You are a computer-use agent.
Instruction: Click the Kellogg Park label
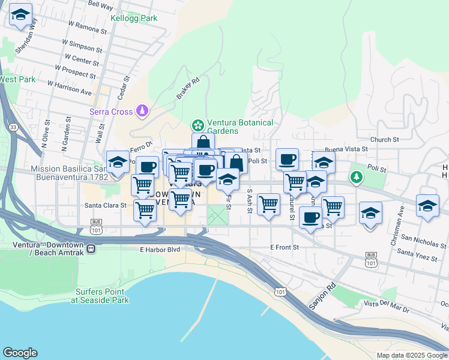[x=133, y=18]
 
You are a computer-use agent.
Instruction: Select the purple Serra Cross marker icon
[x=142, y=110]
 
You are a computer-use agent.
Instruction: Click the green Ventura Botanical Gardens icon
[x=196, y=125]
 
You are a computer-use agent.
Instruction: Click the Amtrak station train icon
[x=91, y=248]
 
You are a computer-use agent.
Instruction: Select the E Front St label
[x=284, y=247]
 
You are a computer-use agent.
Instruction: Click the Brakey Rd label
[x=187, y=89]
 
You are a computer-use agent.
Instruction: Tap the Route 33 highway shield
[x=13, y=127]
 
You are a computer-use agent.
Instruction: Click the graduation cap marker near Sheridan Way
[x=21, y=16]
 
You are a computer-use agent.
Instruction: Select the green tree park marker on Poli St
[x=357, y=176]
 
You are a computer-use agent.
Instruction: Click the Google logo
[x=20, y=353]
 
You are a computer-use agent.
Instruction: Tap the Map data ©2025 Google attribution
[x=412, y=355]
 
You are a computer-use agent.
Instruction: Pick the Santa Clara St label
[x=106, y=205]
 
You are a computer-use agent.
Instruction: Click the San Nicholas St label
[x=423, y=241]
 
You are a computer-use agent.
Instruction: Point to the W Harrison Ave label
[x=70, y=88]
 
